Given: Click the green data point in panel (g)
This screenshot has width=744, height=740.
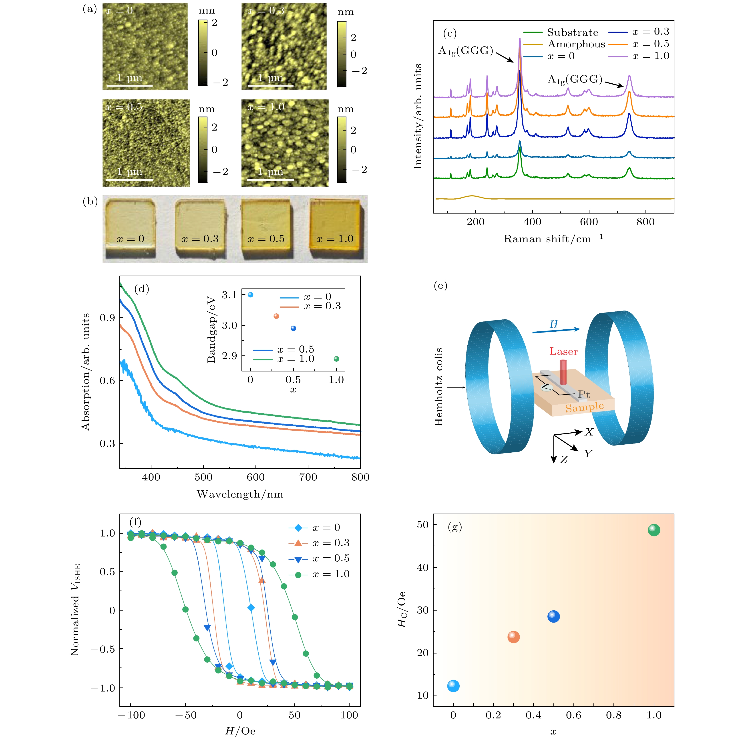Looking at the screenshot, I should (x=654, y=530).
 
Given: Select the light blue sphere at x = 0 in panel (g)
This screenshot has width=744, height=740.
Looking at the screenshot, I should (x=453, y=686).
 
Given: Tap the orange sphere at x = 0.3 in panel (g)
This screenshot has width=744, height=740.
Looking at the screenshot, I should (x=513, y=637).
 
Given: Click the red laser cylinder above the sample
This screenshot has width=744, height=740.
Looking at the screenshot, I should (x=563, y=372).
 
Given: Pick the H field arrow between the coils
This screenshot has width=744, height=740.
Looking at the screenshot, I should (x=556, y=330).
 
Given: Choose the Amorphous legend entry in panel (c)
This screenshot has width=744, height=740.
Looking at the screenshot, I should (x=564, y=44).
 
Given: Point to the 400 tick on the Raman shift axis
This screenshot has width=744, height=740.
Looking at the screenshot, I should (x=532, y=222).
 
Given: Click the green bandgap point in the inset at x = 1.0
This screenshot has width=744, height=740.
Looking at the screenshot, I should (x=336, y=359).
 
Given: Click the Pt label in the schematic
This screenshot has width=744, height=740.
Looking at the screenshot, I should (x=584, y=394).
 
